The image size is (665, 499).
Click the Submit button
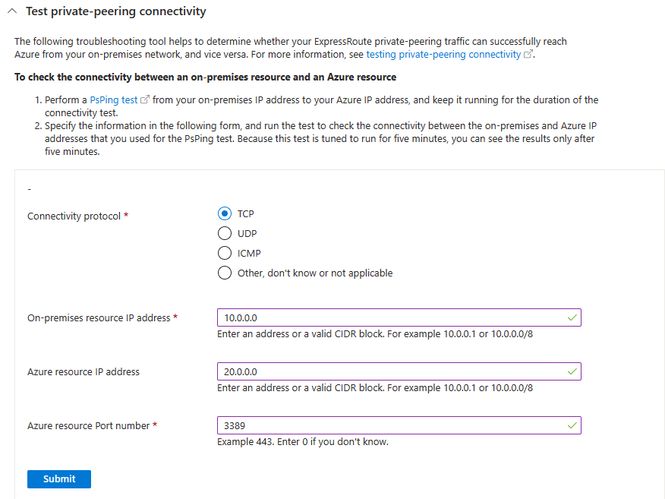point(59,478)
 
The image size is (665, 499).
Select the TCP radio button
point(225,214)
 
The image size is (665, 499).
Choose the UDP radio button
point(225,234)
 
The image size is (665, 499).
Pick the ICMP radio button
point(225,254)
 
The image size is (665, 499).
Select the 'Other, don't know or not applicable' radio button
point(225,273)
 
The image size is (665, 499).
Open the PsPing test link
point(114,100)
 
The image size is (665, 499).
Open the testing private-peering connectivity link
point(443,55)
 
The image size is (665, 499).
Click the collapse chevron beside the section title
point(12,12)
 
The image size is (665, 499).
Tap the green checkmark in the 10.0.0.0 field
point(572,317)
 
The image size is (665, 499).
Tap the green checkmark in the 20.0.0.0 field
point(572,371)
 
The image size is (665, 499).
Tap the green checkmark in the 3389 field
point(572,425)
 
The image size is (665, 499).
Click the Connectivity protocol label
point(74,216)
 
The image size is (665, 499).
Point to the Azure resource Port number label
point(88,426)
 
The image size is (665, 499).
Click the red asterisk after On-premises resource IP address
point(176,317)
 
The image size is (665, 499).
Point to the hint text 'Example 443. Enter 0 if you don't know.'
point(303,442)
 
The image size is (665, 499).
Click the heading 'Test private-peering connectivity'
point(116,12)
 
